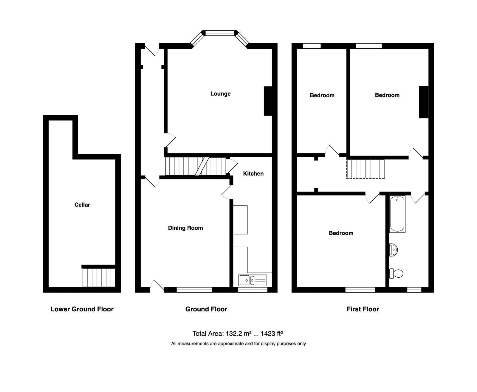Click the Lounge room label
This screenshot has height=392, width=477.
pyautogui.click(x=220, y=94)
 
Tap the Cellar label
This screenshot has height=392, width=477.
pyautogui.click(x=82, y=205)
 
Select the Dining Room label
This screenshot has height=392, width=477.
pyautogui.click(x=185, y=228)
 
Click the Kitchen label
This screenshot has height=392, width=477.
pyautogui.click(x=253, y=174)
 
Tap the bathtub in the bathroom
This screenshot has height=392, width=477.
pyautogui.click(x=397, y=214)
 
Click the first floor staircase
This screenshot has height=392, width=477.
pyautogui.click(x=366, y=169)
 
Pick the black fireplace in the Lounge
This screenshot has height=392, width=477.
pyautogui.click(x=268, y=101)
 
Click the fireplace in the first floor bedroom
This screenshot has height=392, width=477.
pyautogui.click(x=423, y=102)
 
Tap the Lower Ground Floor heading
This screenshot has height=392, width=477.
pyautogui.click(x=82, y=309)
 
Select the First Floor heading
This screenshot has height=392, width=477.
pyautogui.click(x=363, y=309)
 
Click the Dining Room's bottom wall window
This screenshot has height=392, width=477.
pyautogui.click(x=194, y=289)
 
